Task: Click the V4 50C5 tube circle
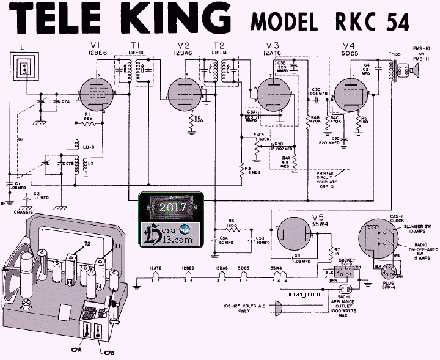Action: coord(350,95)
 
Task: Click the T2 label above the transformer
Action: coord(218,46)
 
